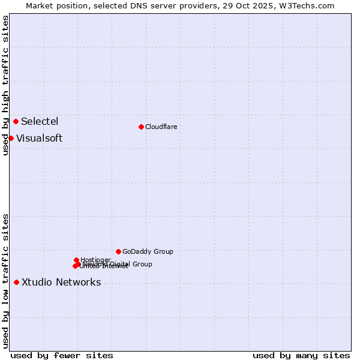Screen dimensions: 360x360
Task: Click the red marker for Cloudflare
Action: pos(141,127)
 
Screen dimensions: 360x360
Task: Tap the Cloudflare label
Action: pos(161,127)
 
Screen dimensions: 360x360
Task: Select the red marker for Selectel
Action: pos(16,121)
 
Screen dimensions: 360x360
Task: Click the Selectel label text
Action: pos(40,121)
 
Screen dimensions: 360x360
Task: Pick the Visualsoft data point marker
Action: pos(11,138)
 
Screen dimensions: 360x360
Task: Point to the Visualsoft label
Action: pos(39,138)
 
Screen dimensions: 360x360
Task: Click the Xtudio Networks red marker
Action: pos(16,282)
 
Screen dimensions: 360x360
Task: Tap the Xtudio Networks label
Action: pos(61,282)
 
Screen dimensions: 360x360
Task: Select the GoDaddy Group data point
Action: pos(118,251)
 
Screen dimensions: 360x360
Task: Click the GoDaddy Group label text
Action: pos(148,251)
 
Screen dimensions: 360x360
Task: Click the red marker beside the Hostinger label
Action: pos(76,260)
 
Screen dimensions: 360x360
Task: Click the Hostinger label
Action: pos(95,260)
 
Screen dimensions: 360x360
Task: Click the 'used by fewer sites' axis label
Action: pos(62,355)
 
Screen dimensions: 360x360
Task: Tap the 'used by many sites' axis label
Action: pos(301,355)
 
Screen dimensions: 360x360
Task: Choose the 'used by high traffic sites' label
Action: pos(5,85)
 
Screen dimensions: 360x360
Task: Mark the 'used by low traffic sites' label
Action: pos(5,280)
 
